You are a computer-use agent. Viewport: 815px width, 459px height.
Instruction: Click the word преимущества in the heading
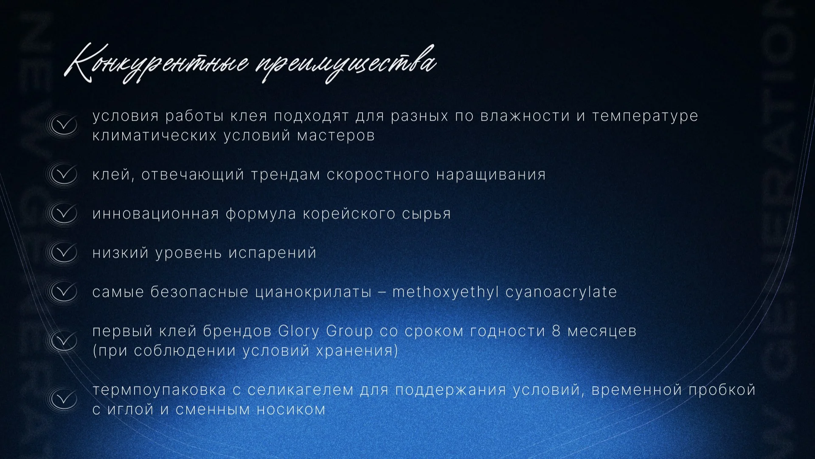(x=346, y=64)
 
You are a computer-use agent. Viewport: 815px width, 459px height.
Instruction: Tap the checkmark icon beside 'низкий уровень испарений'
(x=63, y=252)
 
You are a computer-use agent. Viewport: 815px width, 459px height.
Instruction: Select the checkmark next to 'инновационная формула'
(x=63, y=213)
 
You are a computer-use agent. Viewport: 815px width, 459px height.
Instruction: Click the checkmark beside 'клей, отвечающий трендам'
(x=63, y=174)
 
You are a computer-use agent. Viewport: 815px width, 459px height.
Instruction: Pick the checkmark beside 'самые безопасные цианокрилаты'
(x=63, y=292)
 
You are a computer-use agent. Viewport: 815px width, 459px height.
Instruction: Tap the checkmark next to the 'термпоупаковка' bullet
(x=63, y=399)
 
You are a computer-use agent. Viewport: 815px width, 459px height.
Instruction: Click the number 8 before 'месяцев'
(x=556, y=331)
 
